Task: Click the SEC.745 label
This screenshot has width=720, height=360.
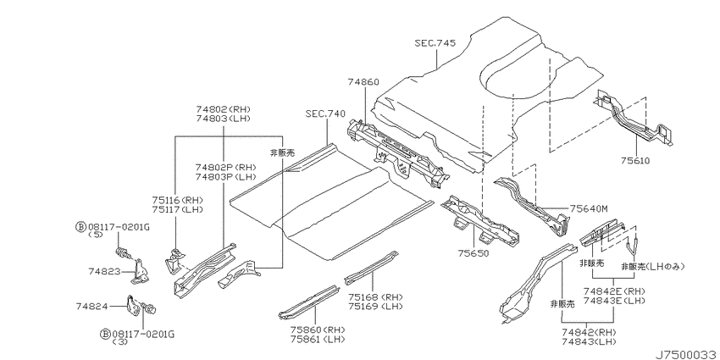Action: click(x=435, y=43)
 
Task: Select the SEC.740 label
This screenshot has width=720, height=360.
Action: click(x=325, y=114)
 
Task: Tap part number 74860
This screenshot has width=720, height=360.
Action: click(x=363, y=83)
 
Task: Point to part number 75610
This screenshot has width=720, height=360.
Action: click(x=635, y=161)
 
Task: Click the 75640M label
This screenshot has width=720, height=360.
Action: click(x=589, y=209)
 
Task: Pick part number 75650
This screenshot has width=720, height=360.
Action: click(x=473, y=253)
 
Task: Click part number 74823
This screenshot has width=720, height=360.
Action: click(x=104, y=271)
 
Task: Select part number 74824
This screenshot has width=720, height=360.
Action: click(x=91, y=306)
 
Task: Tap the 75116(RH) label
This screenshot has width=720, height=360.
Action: click(x=177, y=201)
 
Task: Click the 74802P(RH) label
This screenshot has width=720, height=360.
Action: click(x=225, y=167)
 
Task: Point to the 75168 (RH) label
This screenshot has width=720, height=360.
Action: click(x=375, y=296)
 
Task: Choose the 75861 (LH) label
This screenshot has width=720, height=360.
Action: click(x=318, y=340)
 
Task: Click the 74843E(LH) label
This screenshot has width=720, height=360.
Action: click(x=614, y=301)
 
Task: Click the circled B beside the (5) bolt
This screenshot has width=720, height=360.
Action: click(x=80, y=226)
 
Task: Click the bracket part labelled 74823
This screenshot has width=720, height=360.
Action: click(x=140, y=272)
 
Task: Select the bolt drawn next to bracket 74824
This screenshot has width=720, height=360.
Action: click(x=149, y=308)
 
